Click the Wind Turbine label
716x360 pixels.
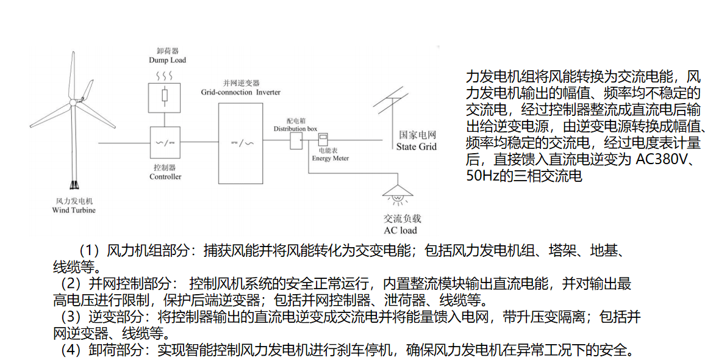click(74, 210)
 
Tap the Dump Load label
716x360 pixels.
click(167, 60)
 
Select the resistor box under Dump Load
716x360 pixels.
click(165, 96)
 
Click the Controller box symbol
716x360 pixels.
click(165, 143)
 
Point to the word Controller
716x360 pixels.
click(165, 177)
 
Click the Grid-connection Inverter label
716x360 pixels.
click(241, 92)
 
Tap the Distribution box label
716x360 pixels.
click(295, 129)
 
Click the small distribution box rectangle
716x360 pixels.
click(296, 142)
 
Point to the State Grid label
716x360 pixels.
click(417, 146)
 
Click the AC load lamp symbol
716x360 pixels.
click(398, 194)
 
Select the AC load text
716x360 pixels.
click(400, 230)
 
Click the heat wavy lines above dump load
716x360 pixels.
click(164, 76)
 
